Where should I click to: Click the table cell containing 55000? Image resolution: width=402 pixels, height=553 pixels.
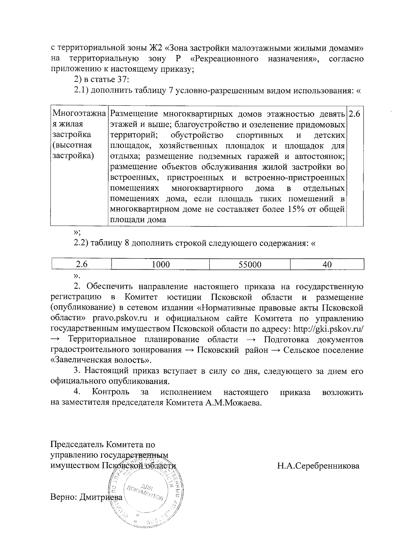pyautogui.click(x=250, y=265)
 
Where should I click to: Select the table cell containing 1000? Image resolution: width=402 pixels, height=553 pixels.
pyautogui.click(x=160, y=265)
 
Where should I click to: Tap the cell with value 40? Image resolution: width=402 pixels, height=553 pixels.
pyautogui.click(x=327, y=265)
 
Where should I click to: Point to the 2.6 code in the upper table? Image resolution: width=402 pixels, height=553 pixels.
pyautogui.click(x=354, y=114)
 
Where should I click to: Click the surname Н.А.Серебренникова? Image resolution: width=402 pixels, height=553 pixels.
pyautogui.click(x=318, y=466)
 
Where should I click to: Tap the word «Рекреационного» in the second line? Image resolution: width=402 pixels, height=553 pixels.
pyautogui.click(x=226, y=59)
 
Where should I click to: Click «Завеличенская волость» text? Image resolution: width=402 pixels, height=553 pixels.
pyautogui.click(x=100, y=361)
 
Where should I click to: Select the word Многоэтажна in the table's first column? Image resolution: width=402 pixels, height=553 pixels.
pyautogui.click(x=79, y=114)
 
